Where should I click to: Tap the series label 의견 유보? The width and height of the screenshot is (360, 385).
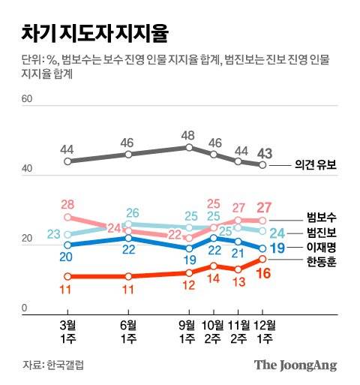pos(314,167)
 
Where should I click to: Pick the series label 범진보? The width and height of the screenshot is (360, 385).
pos(322,232)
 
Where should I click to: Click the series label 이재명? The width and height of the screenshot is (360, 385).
pos(322,247)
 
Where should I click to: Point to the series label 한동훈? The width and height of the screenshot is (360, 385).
pos(322,262)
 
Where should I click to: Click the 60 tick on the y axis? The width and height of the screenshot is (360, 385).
pos(28,99)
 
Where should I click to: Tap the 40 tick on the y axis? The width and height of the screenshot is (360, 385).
pos(28,170)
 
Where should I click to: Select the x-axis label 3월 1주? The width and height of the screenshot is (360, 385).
pos(68,331)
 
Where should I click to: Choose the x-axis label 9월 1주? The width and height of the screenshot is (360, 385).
pos(188,331)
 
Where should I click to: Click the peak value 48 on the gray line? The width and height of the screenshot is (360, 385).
pos(189,137)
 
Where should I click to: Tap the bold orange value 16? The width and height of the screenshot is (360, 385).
pos(263,275)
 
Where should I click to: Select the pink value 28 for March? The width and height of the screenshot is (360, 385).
pos(68,204)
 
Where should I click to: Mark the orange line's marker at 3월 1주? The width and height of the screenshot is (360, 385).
pos(68,276)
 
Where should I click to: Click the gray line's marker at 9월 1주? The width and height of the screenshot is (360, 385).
pos(189,147)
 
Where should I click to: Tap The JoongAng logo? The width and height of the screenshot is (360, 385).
pos(295,365)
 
